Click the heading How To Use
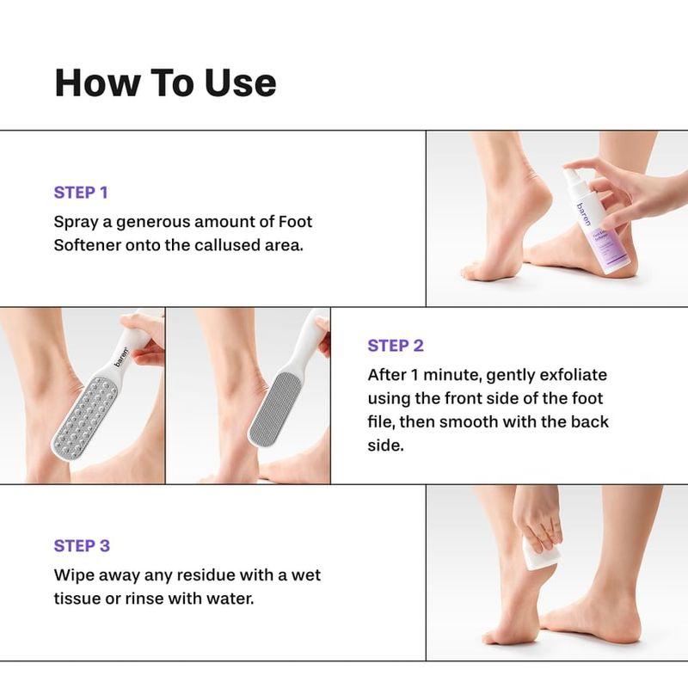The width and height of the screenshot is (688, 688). [165, 82]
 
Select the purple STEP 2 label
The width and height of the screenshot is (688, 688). [395, 346]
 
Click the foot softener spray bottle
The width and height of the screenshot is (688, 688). [586, 219]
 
